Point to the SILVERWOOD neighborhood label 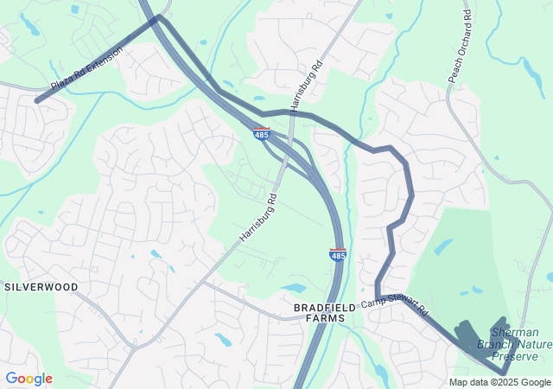pyautogui.click(x=41, y=286)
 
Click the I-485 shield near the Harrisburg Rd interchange pyautogui.click(x=262, y=134)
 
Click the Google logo pyautogui.click(x=29, y=379)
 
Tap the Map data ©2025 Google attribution pyautogui.click(x=499, y=382)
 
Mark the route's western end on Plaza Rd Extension pyautogui.click(x=37, y=101)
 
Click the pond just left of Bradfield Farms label pyautogui.click(x=293, y=288)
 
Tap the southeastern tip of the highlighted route pyautogui.click(x=504, y=372)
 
